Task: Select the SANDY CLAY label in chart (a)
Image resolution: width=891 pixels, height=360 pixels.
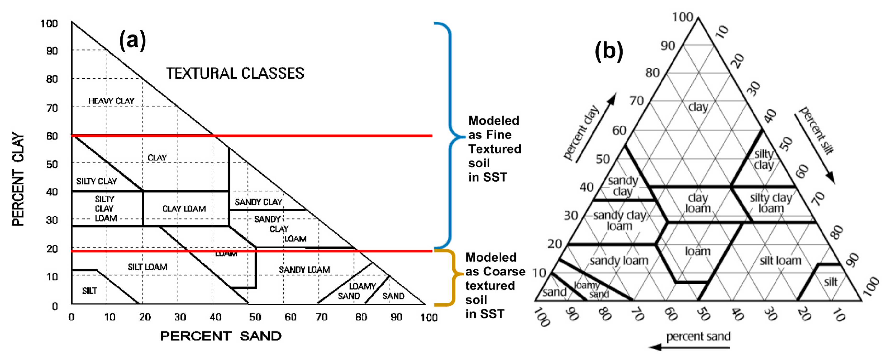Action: tap(258, 202)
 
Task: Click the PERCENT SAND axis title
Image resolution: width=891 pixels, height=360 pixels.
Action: tap(221, 336)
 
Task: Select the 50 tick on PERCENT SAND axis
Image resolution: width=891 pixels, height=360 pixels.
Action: tap(255, 317)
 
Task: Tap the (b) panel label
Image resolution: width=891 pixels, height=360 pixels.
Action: tap(609, 51)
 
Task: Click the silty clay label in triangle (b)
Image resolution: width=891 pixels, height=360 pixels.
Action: tap(764, 159)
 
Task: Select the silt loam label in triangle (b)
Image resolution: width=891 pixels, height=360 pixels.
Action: tap(780, 260)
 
